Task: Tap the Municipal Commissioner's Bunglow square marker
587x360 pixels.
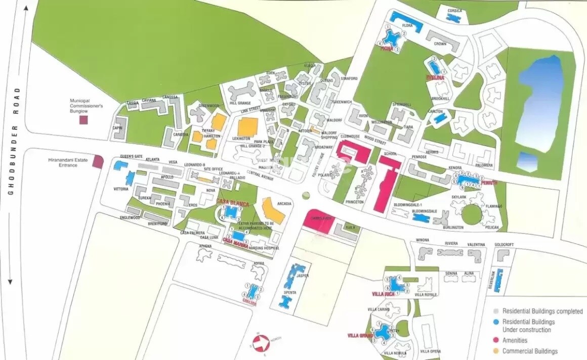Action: click(84, 120)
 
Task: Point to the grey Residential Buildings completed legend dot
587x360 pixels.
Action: click(496, 311)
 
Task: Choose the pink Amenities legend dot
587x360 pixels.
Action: click(496, 340)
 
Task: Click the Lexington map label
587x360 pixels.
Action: click(241, 138)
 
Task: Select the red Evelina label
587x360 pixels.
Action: click(435, 78)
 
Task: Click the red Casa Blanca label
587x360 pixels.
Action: click(232, 202)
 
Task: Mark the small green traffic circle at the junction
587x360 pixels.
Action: click(305, 195)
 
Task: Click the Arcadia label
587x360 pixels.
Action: click(284, 204)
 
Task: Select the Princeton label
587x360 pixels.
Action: click(355, 202)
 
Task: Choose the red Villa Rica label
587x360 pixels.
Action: click(383, 294)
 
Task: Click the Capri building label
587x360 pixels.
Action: click(117, 128)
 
